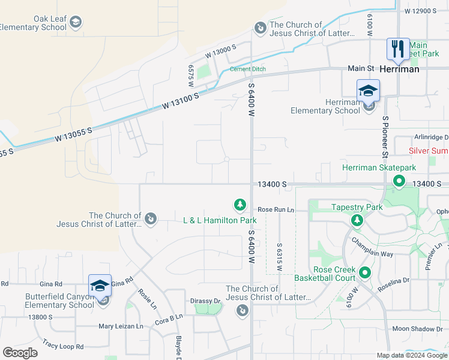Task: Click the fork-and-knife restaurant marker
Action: coord(398,49)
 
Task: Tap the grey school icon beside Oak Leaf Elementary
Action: coord(75,23)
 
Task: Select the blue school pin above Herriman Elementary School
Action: coord(368,91)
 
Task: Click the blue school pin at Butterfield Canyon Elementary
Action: coord(100,286)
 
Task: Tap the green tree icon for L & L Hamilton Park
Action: coord(240,206)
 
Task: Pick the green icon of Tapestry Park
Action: coord(357,221)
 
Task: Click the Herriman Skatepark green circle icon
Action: coord(398,181)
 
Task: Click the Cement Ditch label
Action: coord(247,69)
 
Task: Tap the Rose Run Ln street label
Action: coord(276,209)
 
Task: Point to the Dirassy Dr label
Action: coord(206,301)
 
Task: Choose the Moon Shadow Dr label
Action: coord(417,329)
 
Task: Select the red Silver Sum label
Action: coord(429,151)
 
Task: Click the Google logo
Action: coord(20,353)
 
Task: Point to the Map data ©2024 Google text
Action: coord(411,355)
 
